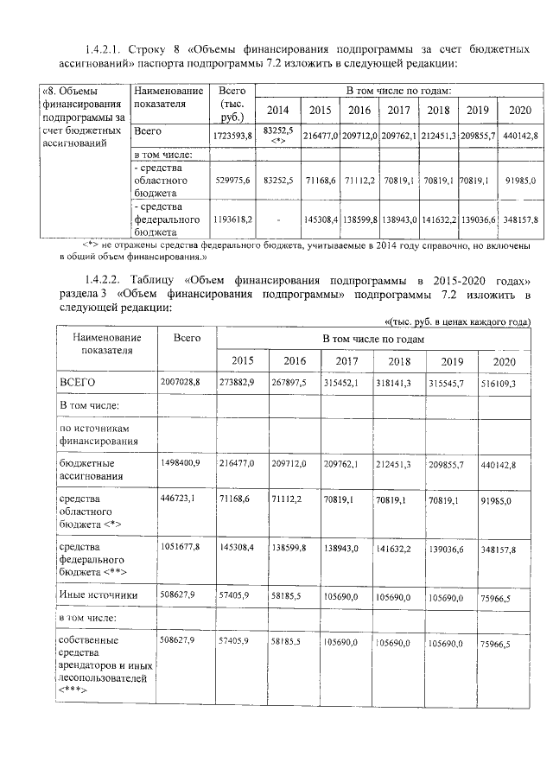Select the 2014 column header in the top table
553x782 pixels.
pos(278,110)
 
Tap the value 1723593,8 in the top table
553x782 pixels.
pos(232,137)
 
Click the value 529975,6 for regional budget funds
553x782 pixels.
pos(232,180)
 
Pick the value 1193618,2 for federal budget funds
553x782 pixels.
pos(232,221)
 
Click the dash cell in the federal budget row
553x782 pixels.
pos(278,221)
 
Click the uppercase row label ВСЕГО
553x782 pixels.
pos(76,381)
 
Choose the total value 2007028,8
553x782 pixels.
pos(180,381)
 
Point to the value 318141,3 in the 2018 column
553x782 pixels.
pos(399,381)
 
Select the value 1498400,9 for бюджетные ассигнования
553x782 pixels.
pos(180,464)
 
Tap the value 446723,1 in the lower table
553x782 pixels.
pos(180,499)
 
